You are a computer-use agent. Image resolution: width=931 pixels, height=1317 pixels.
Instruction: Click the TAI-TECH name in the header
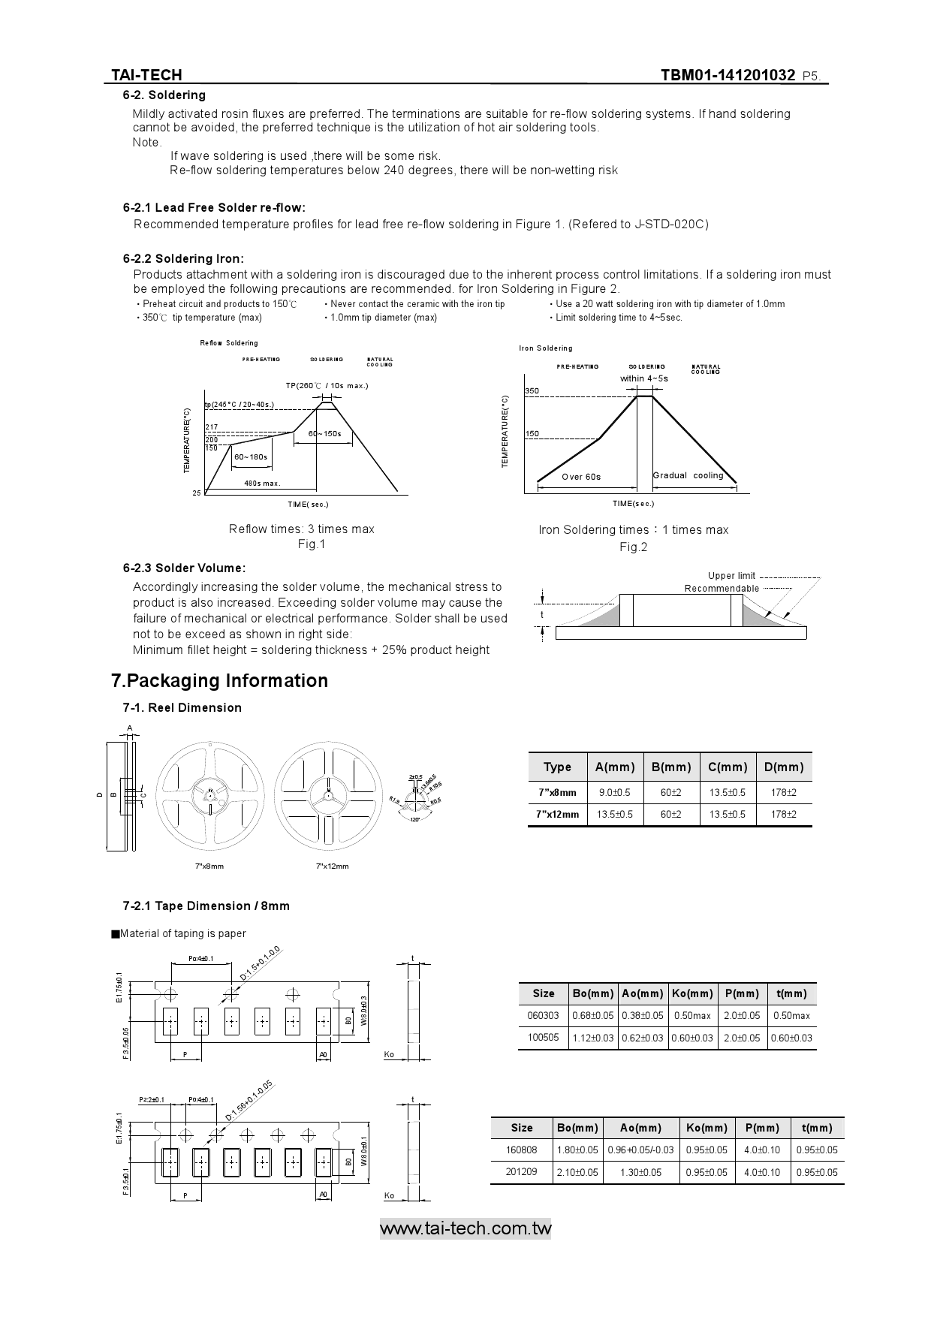tap(146, 75)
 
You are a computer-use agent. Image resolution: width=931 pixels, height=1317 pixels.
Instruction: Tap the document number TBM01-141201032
tap(728, 75)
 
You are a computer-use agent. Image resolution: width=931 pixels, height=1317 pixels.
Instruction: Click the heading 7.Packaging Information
tap(219, 681)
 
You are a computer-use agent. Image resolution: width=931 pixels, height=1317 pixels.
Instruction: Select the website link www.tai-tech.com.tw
tap(465, 1228)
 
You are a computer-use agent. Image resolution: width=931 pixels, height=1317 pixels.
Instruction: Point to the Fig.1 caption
tap(311, 544)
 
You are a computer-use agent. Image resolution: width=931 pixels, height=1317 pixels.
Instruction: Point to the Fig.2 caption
tap(633, 547)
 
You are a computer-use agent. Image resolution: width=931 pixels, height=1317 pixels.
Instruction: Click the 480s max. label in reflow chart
tap(262, 484)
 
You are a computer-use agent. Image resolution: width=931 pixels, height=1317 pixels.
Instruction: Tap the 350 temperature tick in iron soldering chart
tap(532, 391)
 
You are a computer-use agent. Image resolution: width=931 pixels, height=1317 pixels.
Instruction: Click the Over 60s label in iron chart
tap(581, 477)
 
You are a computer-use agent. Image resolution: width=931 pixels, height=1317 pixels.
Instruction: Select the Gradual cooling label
tap(688, 475)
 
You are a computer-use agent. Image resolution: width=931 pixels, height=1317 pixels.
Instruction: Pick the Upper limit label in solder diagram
tap(731, 576)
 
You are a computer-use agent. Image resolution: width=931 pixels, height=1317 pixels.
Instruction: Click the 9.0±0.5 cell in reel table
tap(614, 793)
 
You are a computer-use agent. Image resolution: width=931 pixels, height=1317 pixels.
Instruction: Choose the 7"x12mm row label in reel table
tap(558, 815)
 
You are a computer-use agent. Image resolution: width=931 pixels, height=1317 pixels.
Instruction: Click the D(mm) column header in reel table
tap(783, 767)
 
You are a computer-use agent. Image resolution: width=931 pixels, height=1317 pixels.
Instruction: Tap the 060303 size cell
tap(543, 1016)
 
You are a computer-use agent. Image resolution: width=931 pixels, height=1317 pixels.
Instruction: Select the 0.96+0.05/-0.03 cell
tap(640, 1150)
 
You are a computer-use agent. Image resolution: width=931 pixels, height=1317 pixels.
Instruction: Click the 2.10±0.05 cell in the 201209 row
tap(577, 1173)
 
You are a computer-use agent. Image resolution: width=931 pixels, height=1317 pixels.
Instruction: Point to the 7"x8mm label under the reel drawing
tap(209, 866)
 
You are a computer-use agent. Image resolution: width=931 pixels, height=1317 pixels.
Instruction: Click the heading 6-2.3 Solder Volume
tap(184, 568)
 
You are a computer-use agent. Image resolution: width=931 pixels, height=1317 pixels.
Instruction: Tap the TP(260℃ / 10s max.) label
tap(327, 386)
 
